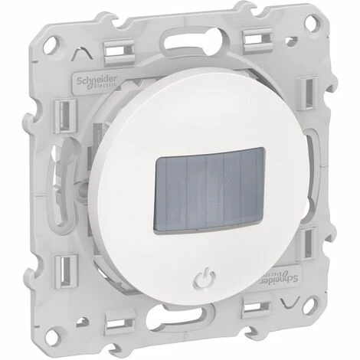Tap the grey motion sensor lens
click(x=209, y=189)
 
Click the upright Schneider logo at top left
click(x=97, y=83)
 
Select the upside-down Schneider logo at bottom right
click(x=278, y=278)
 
